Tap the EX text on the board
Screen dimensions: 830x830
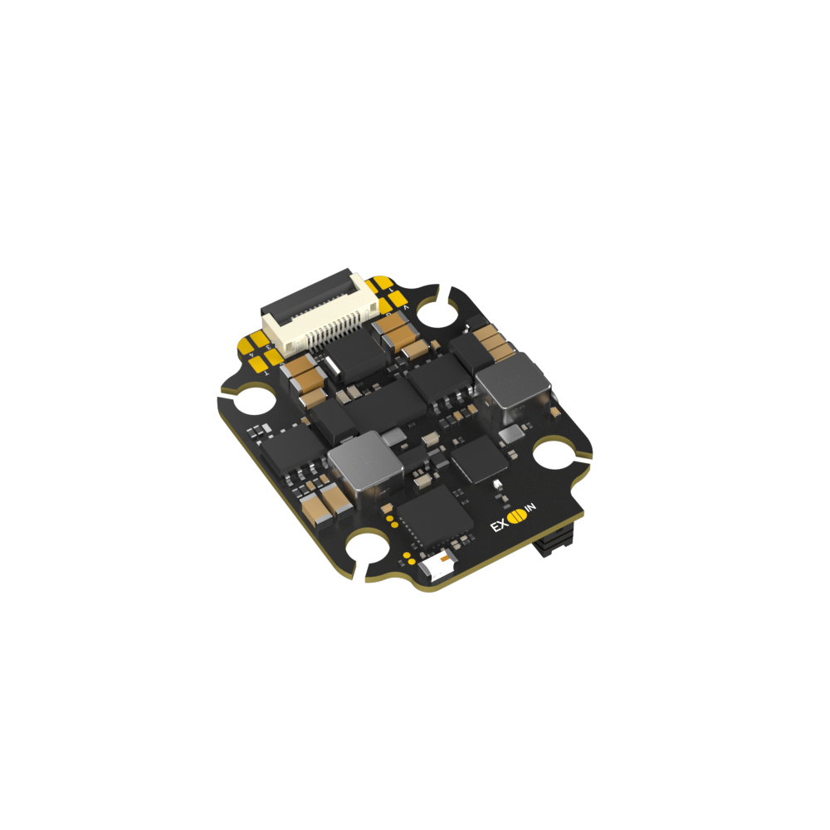click(499, 525)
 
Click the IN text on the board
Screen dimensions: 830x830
click(531, 507)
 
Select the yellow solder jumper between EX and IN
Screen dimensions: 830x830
click(516, 516)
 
